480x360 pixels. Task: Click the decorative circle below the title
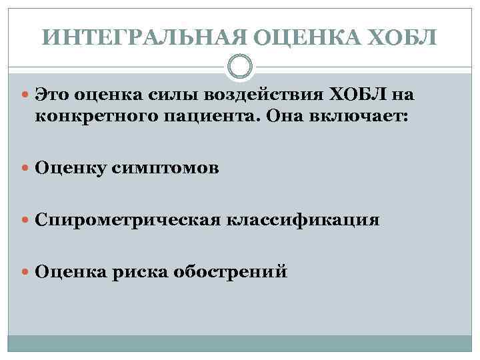[239, 67]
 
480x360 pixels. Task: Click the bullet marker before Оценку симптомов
[25, 169]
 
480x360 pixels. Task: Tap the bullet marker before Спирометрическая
[25, 220]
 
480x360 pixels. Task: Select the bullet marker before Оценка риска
[25, 272]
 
